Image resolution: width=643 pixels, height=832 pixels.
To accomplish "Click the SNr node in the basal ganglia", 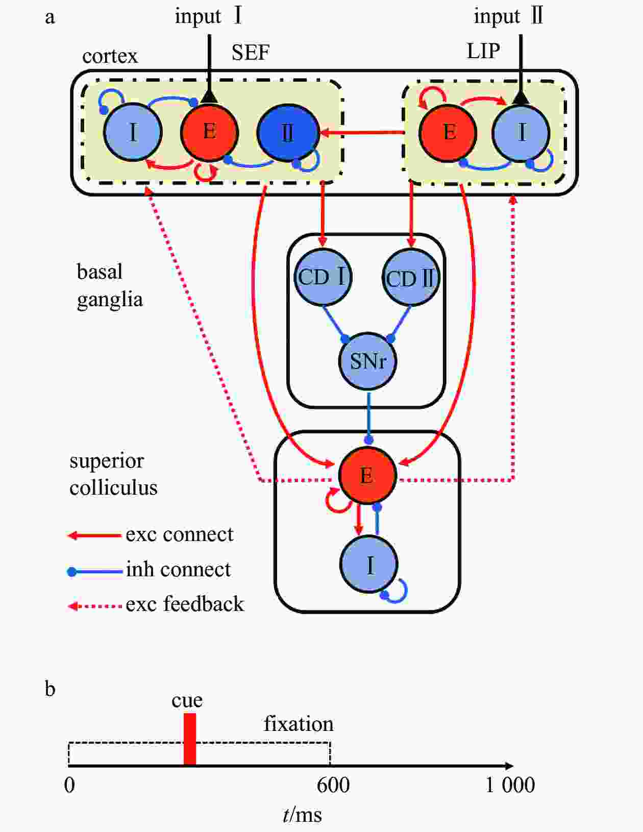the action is (x=367, y=361).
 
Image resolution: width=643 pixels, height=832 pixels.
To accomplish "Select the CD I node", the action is (x=323, y=277).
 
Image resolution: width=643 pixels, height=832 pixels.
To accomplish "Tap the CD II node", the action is (x=411, y=277).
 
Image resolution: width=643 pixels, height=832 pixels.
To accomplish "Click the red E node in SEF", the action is (x=209, y=132).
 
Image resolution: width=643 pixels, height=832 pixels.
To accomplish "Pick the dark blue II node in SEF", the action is (x=288, y=133).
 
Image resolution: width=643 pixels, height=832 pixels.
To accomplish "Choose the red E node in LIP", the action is (x=448, y=133).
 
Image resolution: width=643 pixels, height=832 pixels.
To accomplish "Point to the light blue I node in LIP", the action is (x=521, y=133).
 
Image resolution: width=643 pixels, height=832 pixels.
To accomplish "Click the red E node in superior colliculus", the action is (x=367, y=475).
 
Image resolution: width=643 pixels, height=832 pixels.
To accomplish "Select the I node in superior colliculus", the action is (x=368, y=565).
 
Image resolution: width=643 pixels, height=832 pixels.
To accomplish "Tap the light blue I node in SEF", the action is (x=133, y=132).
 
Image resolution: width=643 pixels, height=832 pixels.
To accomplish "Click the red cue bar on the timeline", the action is (x=189, y=739).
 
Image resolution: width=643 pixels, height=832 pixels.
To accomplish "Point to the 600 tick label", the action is (x=333, y=785).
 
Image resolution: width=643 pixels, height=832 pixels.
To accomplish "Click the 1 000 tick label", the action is (x=510, y=785).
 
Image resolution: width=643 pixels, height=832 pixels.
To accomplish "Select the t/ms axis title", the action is (x=302, y=814).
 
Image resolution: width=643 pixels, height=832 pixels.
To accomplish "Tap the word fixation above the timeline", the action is (x=299, y=724).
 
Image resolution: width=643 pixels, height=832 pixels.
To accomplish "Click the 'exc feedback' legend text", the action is (x=185, y=604).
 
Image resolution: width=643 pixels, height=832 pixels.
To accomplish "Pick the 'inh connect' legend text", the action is (x=179, y=569).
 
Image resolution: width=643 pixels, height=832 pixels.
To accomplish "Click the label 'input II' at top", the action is (x=508, y=16).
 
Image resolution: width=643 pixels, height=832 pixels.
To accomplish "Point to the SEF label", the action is (x=251, y=52).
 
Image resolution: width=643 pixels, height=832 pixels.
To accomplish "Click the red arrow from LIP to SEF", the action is (x=362, y=133).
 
